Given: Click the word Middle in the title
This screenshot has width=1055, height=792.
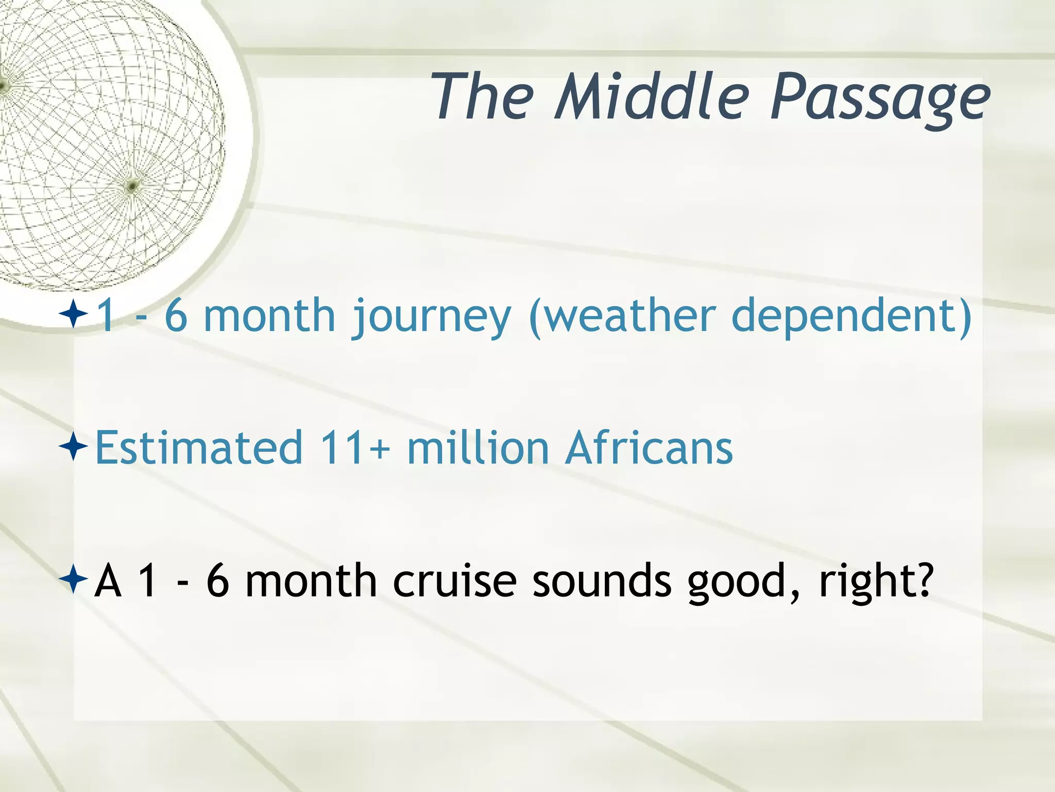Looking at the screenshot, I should (x=652, y=97).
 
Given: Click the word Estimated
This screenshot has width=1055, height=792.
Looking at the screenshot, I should (x=199, y=448).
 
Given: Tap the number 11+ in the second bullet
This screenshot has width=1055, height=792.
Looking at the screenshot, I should (x=354, y=448).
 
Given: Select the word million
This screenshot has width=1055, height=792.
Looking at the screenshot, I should (x=478, y=448).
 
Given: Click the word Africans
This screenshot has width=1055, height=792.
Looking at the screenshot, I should (x=649, y=448).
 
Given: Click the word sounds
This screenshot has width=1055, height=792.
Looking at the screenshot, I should (x=602, y=581).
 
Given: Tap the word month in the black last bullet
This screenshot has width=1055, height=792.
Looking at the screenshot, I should (x=311, y=581).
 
